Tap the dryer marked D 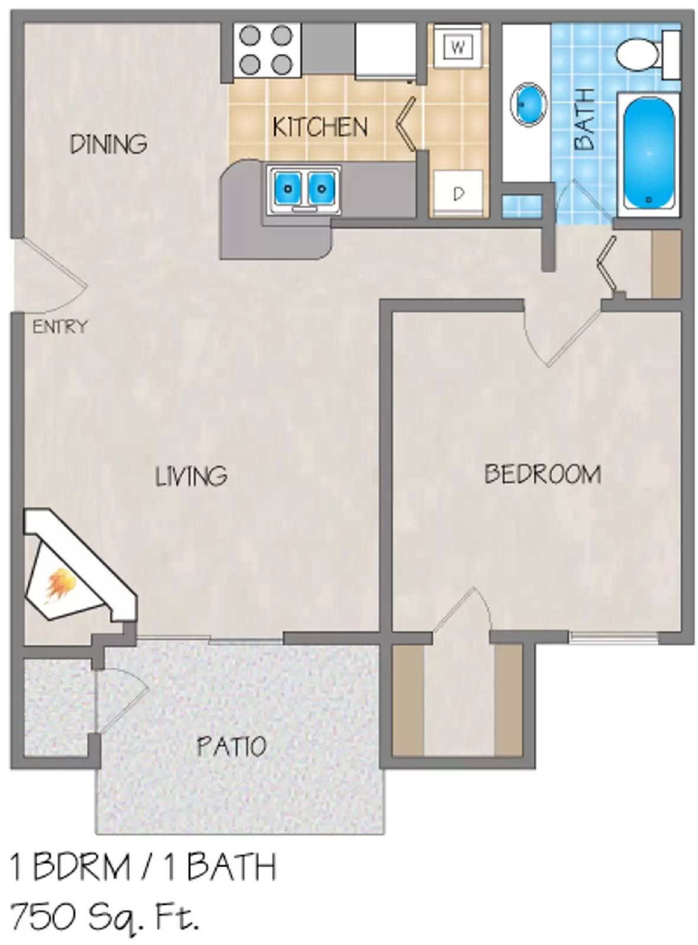tap(458, 193)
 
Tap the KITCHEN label tap(320, 127)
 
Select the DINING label tap(109, 144)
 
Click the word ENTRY tap(60, 327)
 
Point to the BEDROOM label tap(543, 474)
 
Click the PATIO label tap(232, 747)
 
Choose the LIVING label tap(191, 476)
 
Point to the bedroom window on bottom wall tap(613, 637)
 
